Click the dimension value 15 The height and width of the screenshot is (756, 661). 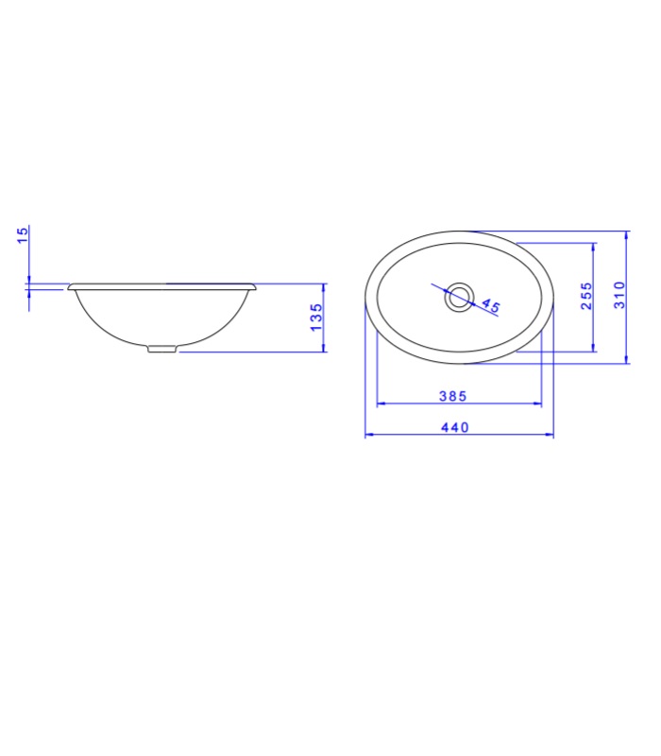click(23, 234)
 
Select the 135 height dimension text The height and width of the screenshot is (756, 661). click(316, 318)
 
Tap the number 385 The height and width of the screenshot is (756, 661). click(453, 396)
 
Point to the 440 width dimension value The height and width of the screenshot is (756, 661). click(455, 428)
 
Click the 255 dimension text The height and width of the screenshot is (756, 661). click(586, 296)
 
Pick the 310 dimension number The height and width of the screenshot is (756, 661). click(619, 295)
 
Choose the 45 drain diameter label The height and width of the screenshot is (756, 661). click(490, 305)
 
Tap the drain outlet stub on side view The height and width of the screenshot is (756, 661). click(161, 349)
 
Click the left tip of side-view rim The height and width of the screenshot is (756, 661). click(68, 288)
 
